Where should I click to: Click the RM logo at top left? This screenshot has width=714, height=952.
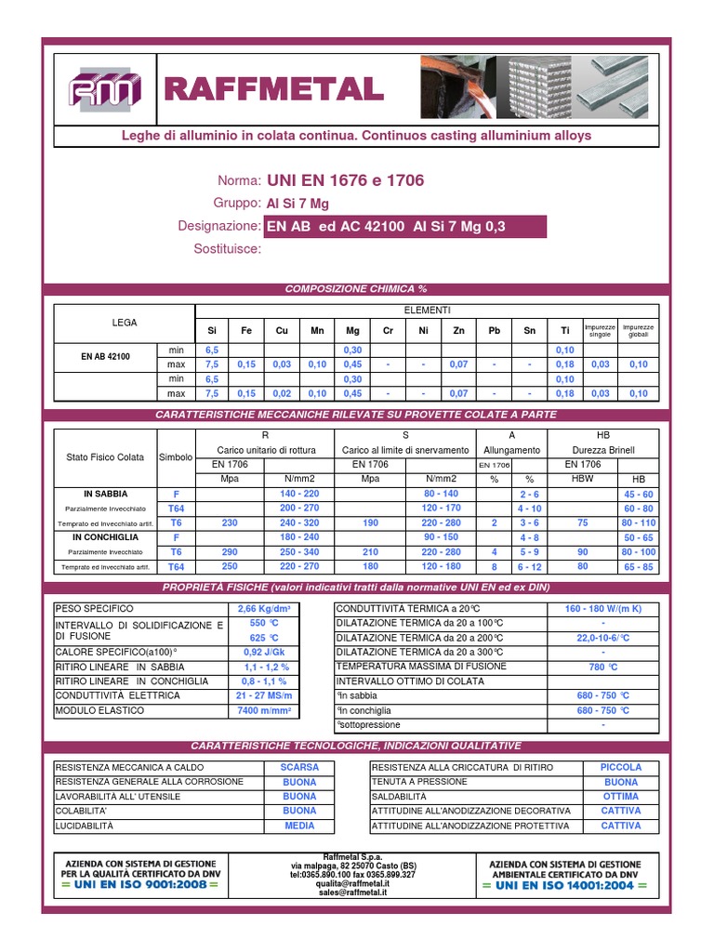[104, 89]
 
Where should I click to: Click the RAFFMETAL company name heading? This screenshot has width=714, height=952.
[273, 89]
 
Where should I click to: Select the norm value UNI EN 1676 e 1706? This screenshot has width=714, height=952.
[345, 180]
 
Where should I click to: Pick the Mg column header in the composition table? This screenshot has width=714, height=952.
[352, 330]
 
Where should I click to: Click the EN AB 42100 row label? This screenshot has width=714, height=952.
[105, 357]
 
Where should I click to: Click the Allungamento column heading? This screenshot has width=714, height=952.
[511, 450]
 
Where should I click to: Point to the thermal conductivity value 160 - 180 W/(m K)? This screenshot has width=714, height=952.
[602, 609]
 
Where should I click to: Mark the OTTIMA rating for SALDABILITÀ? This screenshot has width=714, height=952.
[620, 797]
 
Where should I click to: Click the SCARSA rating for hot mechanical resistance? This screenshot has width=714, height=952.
[299, 768]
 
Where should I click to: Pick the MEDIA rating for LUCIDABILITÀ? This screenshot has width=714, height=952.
[299, 826]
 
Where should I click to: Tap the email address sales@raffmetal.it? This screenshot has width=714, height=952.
[352, 892]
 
